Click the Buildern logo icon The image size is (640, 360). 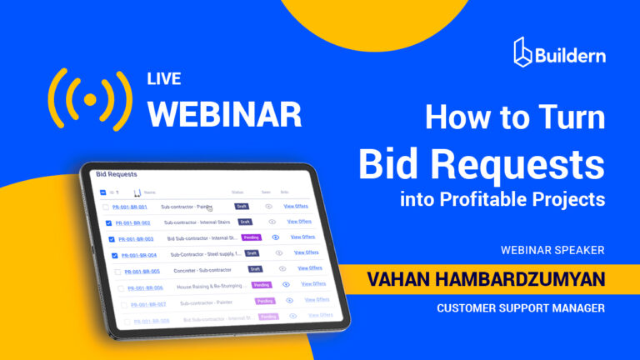click(524, 51)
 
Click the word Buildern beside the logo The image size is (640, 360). click(571, 56)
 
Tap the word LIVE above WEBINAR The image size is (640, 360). click(163, 80)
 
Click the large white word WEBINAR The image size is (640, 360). click(224, 112)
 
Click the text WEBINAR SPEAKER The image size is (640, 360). click(552, 249)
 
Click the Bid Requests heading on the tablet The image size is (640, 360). click(116, 174)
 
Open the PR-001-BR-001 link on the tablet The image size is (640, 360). click(130, 207)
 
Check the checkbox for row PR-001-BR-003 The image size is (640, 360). click(112, 239)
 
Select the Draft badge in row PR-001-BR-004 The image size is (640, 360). click(252, 252)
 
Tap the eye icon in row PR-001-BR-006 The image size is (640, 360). click(286, 284)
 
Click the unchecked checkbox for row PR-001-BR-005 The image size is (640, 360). click(117, 272)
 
